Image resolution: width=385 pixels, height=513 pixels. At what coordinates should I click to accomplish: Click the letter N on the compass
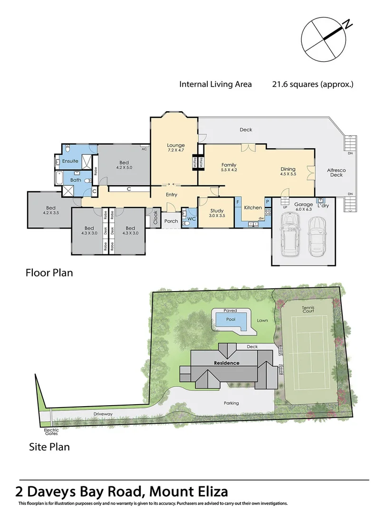348,23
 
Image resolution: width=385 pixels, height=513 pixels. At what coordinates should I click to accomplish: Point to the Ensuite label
70,161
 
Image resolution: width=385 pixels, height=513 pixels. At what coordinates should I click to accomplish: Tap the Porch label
171,221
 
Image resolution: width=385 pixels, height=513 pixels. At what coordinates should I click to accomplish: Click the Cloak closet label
155,218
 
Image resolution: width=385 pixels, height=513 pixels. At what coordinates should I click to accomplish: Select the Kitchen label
253,208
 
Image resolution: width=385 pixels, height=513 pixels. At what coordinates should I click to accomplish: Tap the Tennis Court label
308,309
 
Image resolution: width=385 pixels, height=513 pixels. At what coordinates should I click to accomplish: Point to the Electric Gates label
51,431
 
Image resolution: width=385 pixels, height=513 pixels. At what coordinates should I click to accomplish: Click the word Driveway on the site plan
103,414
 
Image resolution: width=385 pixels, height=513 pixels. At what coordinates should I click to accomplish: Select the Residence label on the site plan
226,363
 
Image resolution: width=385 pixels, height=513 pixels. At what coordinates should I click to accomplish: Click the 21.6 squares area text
313,85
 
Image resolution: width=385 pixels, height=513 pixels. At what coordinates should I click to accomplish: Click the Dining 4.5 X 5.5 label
288,171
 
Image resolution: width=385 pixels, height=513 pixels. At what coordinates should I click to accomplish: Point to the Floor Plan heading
48,273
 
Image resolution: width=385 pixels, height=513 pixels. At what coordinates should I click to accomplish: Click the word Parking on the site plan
231,403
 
